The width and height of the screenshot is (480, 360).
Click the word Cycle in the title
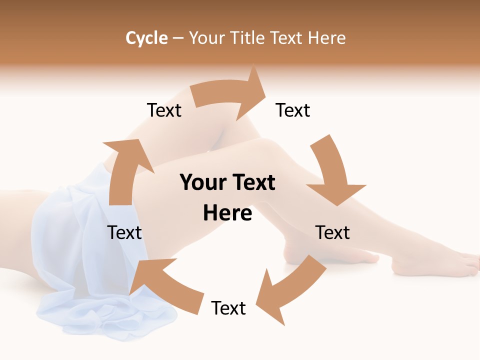point(146,38)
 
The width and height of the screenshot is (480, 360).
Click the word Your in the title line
point(206,38)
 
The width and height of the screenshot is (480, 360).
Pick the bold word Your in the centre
point(202,183)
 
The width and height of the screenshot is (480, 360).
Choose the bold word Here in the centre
point(227,213)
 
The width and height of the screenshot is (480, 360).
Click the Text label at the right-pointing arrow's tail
point(164,110)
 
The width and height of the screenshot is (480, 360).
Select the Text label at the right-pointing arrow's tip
point(293,110)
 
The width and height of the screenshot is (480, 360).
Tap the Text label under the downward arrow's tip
point(332,232)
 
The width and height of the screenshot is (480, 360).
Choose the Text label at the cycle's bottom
point(228,308)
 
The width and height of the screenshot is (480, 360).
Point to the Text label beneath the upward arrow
point(124,232)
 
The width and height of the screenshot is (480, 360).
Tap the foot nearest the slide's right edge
point(435,265)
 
